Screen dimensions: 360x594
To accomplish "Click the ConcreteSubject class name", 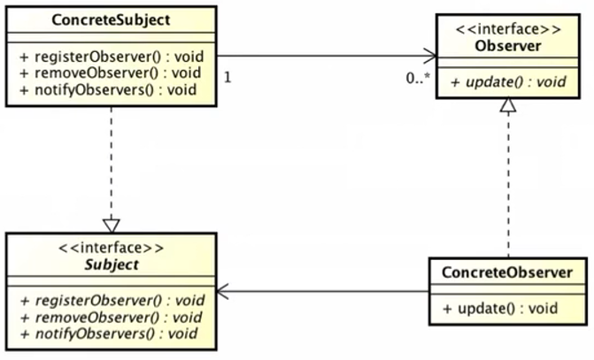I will (112, 19).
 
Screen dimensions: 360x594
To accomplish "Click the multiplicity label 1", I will (228, 77).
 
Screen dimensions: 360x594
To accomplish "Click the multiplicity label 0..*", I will (418, 77).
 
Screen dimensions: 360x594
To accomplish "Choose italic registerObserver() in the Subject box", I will (112, 300).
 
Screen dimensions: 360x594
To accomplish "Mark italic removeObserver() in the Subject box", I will (110, 316).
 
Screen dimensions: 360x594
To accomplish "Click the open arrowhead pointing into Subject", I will (225, 291).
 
